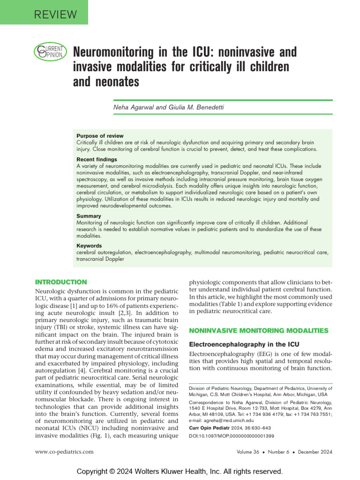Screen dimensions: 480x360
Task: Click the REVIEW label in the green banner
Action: [x=55, y=15]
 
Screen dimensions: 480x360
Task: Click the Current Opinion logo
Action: [x=48, y=52]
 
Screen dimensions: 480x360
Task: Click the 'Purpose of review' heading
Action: [x=100, y=136]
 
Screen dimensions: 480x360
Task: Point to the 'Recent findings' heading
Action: [x=97, y=159]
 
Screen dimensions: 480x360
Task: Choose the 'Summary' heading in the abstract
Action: [x=89, y=216]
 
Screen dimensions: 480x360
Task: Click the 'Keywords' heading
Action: [x=89, y=246]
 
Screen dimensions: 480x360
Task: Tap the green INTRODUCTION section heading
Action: [x=61, y=282]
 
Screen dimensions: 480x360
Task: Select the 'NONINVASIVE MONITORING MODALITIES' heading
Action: [x=258, y=330]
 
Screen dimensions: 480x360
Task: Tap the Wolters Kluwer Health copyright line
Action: [x=180, y=471]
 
